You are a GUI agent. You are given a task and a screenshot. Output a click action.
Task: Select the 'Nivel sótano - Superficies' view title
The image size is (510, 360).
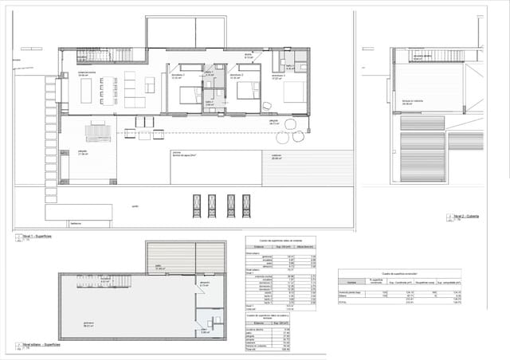pyautogui.click(x=40, y=346)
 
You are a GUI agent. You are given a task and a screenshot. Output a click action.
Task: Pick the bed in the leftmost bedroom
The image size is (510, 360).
pyautogui.click(x=190, y=95)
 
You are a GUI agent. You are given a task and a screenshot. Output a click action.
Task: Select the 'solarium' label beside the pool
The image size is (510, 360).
pyautogui.click(x=277, y=156)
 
